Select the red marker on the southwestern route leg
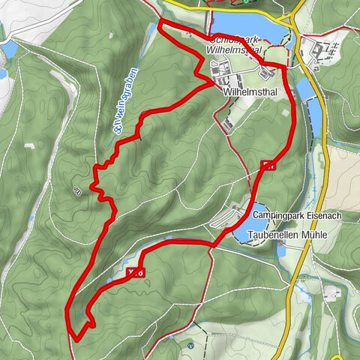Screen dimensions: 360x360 click(x=136, y=273)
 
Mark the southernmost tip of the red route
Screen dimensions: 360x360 click(x=77, y=328)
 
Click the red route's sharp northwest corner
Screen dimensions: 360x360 click(x=160, y=25)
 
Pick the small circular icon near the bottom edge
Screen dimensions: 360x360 click(x=190, y=345)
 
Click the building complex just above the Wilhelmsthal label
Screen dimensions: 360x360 click(x=225, y=73)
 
